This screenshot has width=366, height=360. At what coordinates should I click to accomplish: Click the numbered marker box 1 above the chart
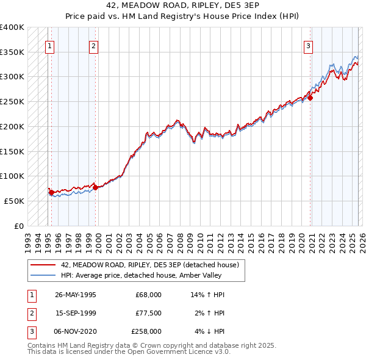(x=49, y=45)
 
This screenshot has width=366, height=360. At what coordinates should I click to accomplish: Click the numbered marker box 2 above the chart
(x=93, y=45)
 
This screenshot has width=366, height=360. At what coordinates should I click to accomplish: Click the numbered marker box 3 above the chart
(x=309, y=45)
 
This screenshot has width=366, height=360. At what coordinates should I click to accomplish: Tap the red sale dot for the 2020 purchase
(x=310, y=98)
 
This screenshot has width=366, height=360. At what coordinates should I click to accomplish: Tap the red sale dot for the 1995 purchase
(x=51, y=192)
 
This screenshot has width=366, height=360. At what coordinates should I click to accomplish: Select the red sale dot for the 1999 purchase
(x=95, y=187)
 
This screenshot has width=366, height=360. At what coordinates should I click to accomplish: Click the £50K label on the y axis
(x=14, y=201)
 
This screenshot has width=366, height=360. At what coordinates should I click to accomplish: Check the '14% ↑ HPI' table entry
(x=208, y=295)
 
